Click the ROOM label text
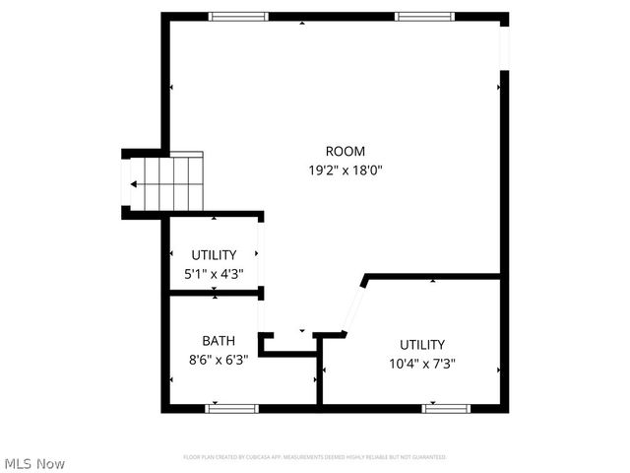pyautogui.click(x=345, y=152)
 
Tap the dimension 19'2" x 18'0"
pyautogui.click(x=345, y=169)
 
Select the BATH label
pyautogui.click(x=219, y=341)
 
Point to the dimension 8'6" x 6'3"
pyautogui.click(x=219, y=360)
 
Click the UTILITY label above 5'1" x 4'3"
pyautogui.click(x=214, y=255)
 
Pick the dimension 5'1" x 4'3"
pyautogui.click(x=214, y=274)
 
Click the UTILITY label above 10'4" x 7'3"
pyautogui.click(x=422, y=345)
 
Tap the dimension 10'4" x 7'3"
pyautogui.click(x=422, y=363)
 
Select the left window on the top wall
pyautogui.click(x=238, y=16)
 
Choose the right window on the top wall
pyautogui.click(x=424, y=16)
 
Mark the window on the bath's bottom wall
pyautogui.click(x=232, y=408)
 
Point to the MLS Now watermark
pyautogui.click(x=34, y=463)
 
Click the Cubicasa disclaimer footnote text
pyautogui.click(x=315, y=457)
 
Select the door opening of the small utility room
pyautogui.click(x=260, y=253)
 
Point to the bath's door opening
pyautogui.click(x=261, y=315)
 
